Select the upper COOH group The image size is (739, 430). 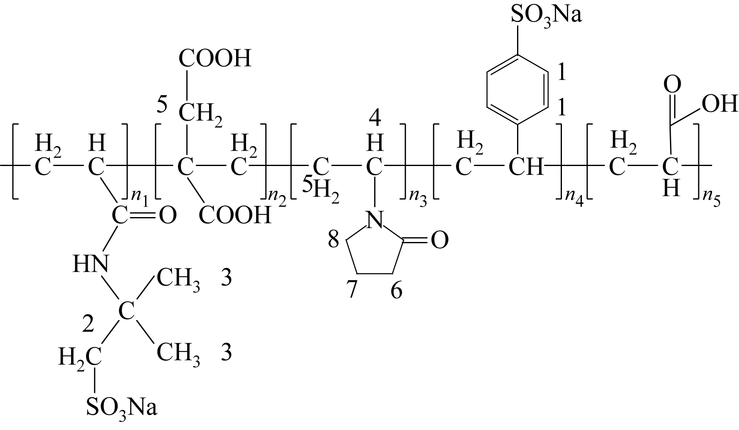215,59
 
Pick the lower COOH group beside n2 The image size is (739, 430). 234,215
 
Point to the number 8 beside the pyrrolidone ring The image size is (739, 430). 333,240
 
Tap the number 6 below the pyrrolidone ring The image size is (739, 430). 396,291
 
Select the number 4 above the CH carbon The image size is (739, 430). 375,120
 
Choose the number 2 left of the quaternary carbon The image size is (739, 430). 88,325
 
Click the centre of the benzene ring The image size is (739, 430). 517,90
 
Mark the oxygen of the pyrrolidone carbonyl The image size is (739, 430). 439,240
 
